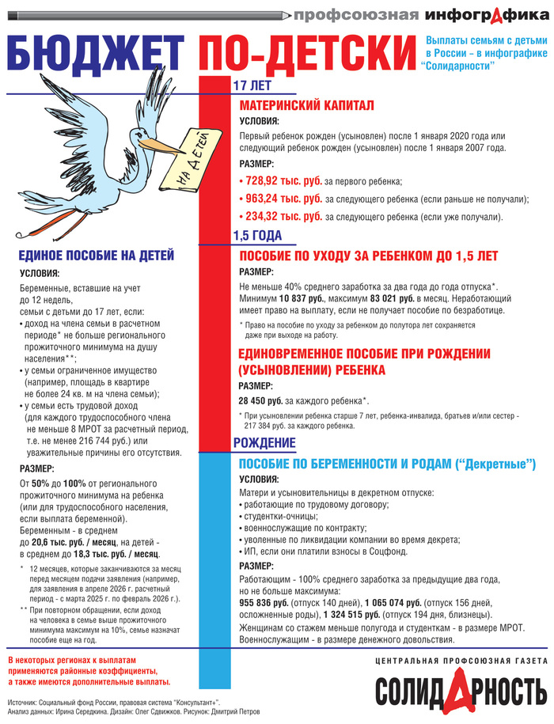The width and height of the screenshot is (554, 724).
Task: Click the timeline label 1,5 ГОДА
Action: (257, 235)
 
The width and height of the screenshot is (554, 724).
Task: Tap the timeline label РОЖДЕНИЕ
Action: (264, 442)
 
